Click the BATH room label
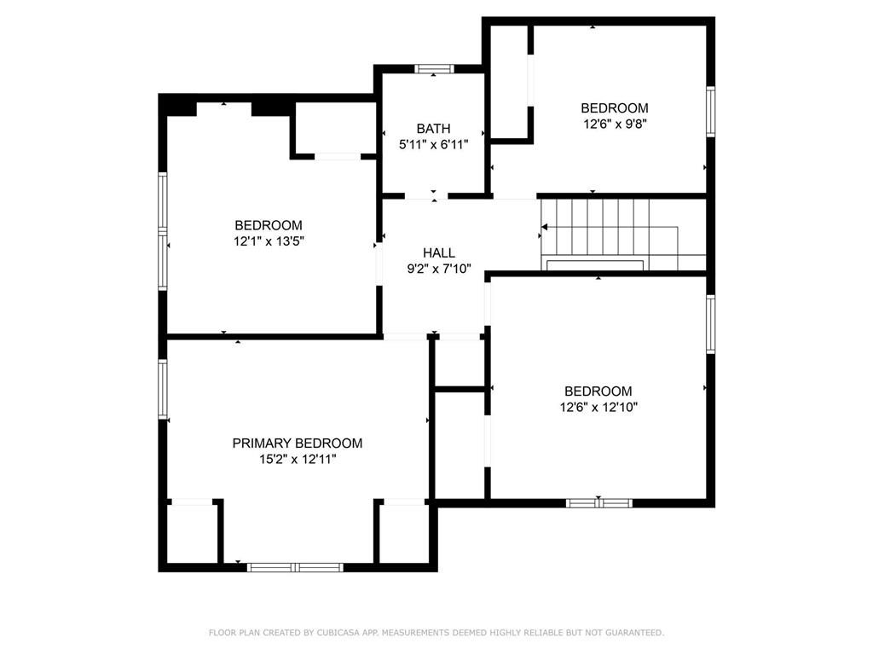[x=433, y=129]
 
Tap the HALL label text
[x=439, y=252]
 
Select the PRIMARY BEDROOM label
[x=298, y=443]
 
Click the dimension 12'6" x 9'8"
[x=615, y=124]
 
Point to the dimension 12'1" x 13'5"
[x=269, y=241]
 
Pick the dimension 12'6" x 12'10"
[x=598, y=407]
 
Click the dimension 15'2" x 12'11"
[x=298, y=460]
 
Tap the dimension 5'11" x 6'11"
[x=433, y=145]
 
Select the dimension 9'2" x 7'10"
[x=439, y=269]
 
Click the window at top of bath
[x=434, y=69]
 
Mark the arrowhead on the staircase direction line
[x=545, y=227]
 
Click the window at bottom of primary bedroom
[x=295, y=567]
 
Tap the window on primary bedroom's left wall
[x=163, y=389]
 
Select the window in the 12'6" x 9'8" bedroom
[x=710, y=112]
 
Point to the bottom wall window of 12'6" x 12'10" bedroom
[x=599, y=503]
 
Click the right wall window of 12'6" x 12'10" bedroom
[x=710, y=324]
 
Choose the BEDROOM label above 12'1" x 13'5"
[x=269, y=225]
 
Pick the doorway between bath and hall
[x=426, y=196]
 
